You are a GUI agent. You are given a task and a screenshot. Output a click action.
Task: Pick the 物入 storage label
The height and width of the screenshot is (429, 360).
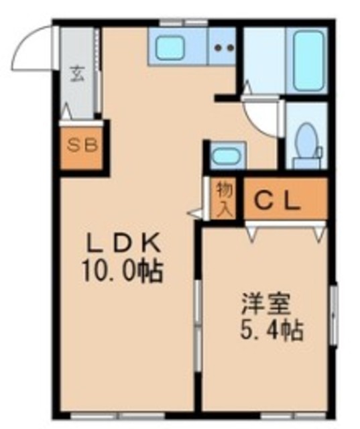click(x=223, y=198)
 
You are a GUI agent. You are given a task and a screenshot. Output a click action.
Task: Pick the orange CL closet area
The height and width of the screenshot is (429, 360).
click(x=285, y=200)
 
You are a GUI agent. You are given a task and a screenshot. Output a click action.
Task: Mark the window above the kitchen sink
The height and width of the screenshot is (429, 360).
click(x=181, y=24)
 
